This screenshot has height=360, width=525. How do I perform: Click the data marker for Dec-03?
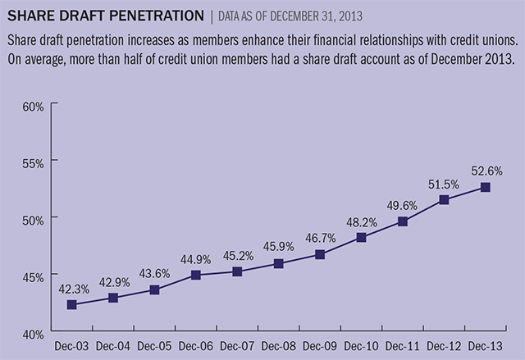click(72, 304)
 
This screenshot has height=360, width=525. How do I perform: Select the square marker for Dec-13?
click(486, 187)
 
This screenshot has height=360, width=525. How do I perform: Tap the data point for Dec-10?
click(361, 237)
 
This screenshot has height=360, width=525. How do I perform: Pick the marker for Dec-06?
click(196, 275)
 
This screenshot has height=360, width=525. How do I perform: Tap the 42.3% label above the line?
click(72, 288)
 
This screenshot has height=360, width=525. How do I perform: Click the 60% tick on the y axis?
click(33, 106)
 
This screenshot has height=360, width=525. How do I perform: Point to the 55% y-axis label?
click(33, 162)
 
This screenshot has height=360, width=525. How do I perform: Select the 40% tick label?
click(33, 335)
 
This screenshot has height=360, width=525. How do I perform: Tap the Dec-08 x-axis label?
click(279, 346)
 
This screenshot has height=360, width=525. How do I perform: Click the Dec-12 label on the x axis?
click(444, 346)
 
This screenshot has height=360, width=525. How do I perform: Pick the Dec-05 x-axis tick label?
click(154, 346)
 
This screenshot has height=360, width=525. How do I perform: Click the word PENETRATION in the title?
click(148, 16)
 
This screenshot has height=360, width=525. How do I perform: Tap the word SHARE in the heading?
click(30, 16)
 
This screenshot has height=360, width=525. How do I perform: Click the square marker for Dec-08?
click(279, 263)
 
